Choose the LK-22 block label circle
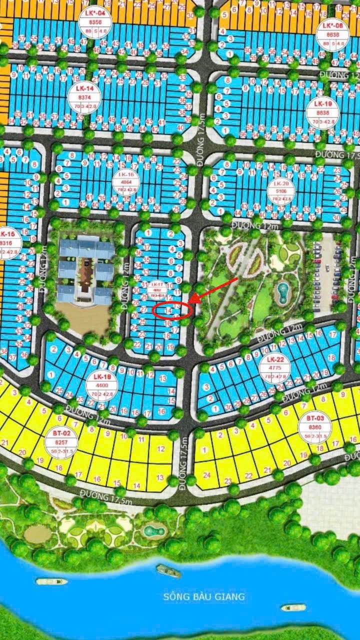(x=275, y=368)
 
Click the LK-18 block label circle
(x=101, y=384)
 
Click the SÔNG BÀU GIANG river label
(x=204, y=596)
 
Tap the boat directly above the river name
(x=168, y=570)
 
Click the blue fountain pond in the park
(x=283, y=290)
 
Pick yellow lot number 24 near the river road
(x=206, y=475)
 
